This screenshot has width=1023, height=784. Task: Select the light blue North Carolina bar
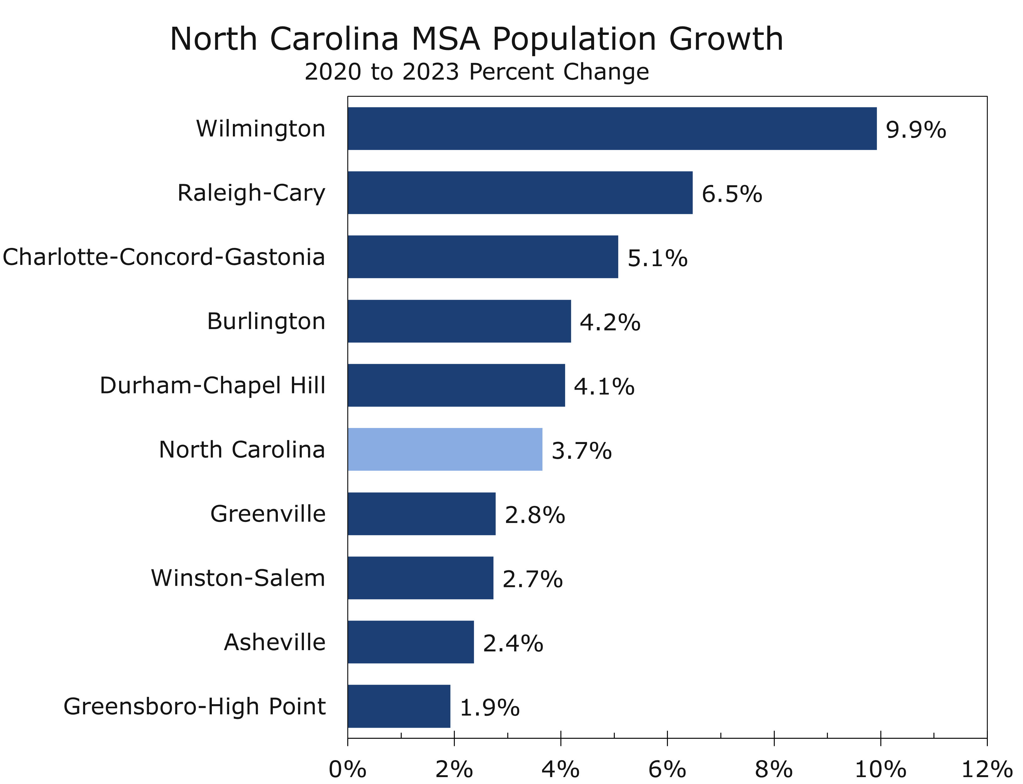coord(445,449)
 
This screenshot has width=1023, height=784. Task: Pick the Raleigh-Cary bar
coord(520,192)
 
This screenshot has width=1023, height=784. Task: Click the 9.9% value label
coord(916,130)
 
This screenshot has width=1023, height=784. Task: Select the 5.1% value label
coord(657,258)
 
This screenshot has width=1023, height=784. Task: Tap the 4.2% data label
coord(610,322)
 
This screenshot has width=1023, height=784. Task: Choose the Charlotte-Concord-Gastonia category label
coord(164,257)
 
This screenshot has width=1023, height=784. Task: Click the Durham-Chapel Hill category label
coord(212,386)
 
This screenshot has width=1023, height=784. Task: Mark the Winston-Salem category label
coord(238,578)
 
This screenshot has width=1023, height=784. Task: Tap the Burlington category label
coord(266,321)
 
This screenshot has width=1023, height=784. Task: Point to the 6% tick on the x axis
coord(667,769)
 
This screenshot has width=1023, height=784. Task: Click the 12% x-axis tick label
coord(987,769)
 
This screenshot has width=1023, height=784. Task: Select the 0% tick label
coord(348,769)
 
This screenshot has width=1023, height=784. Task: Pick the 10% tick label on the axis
coord(880,769)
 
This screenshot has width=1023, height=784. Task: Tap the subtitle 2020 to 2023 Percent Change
coord(476,72)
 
